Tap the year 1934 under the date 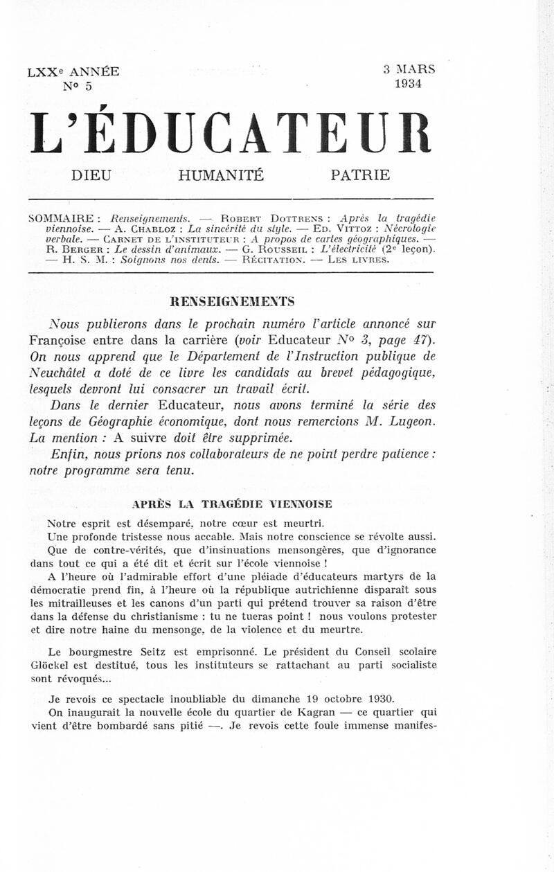pos(409,84)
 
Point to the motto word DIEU pos(91,176)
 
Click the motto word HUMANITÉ pos(221,176)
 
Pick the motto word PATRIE pos(360,176)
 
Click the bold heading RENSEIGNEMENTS pos(232,301)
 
